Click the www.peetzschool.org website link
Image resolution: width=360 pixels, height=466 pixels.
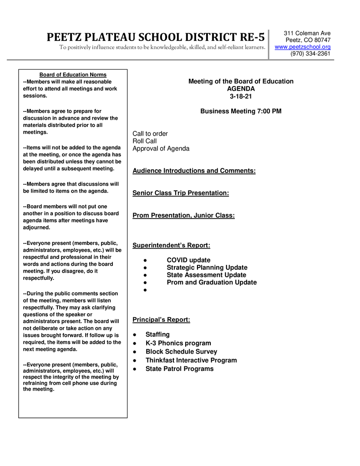[x=303, y=47]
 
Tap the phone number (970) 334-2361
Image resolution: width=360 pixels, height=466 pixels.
[x=310, y=54]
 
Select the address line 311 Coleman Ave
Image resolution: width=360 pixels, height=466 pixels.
[x=307, y=33]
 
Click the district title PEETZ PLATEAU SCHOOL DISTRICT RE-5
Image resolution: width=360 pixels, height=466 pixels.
[x=156, y=37]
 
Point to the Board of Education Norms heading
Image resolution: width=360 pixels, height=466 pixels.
[x=73, y=75]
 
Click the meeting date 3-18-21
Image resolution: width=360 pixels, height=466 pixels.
[x=241, y=96]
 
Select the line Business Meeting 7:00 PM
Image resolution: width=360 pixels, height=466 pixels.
[x=241, y=111]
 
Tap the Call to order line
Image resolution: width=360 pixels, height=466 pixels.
[x=150, y=134]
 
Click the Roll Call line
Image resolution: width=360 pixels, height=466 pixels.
[x=144, y=141]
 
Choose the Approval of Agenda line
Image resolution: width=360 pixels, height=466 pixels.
[x=161, y=148]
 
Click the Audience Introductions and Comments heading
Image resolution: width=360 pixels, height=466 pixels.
[x=194, y=171]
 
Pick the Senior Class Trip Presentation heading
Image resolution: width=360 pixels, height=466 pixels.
[x=181, y=193]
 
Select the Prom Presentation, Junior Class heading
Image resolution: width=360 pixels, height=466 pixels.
[x=183, y=215]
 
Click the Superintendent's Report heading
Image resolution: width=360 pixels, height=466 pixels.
[x=171, y=245]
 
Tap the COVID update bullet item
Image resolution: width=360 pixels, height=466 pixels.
[x=188, y=260]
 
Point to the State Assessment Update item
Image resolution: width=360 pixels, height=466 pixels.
[x=206, y=275]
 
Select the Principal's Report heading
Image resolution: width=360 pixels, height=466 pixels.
[x=161, y=319]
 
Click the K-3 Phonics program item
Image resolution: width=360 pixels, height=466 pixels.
[x=178, y=343]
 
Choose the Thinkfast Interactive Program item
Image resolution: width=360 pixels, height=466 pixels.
[x=191, y=360]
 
